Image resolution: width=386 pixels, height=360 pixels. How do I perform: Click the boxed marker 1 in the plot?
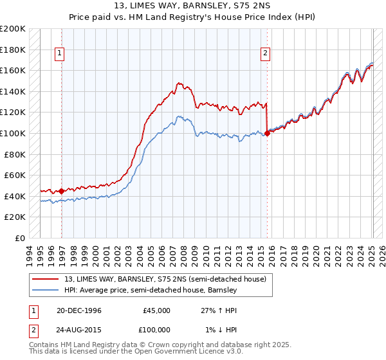click(x=60, y=54)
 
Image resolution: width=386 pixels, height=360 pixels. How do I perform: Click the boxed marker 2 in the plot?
click(x=265, y=54)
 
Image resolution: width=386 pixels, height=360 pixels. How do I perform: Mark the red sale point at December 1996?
click(x=62, y=191)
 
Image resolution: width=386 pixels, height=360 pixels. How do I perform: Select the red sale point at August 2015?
click(x=267, y=133)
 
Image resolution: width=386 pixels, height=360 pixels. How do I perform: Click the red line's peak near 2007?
click(x=178, y=83)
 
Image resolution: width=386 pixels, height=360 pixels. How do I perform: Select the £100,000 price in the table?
click(x=157, y=330)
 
